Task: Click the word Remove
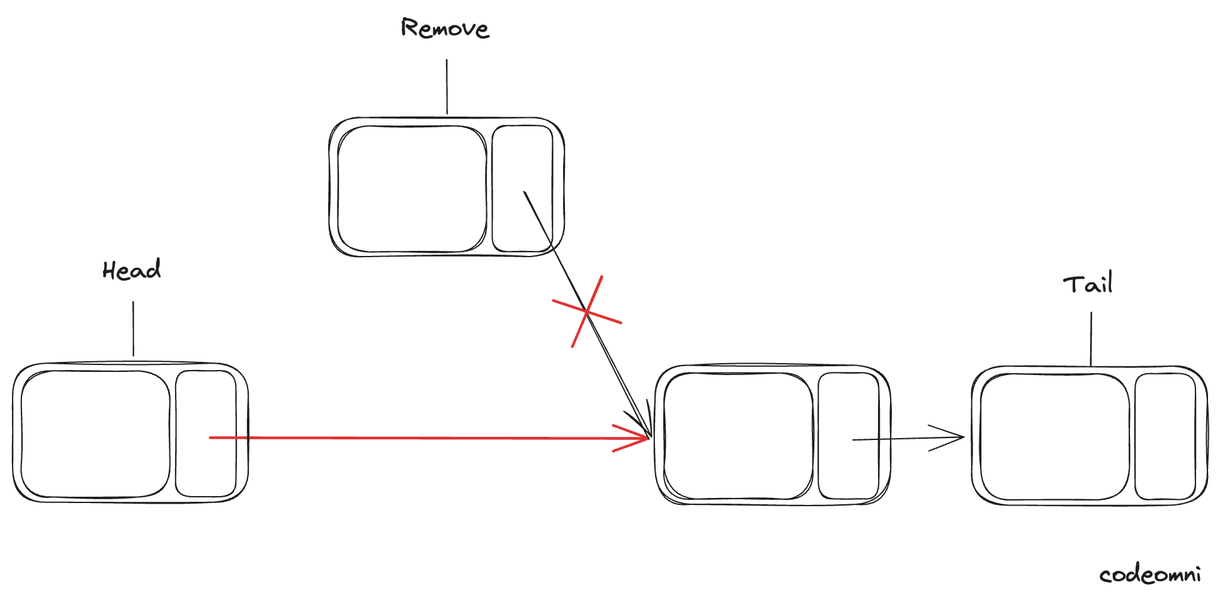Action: pyautogui.click(x=445, y=29)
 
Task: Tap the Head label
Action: pyautogui.click(x=132, y=270)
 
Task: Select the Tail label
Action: pyautogui.click(x=1088, y=284)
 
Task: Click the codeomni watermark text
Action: pyautogui.click(x=1149, y=575)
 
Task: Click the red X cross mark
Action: pyautogui.click(x=587, y=311)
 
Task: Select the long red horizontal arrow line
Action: pyautogui.click(x=428, y=437)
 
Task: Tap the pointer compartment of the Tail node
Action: pyautogui.click(x=1165, y=437)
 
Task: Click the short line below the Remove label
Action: pyautogui.click(x=447, y=87)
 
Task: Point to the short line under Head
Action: pyautogui.click(x=133, y=328)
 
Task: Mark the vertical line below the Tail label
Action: pyautogui.click(x=1092, y=339)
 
